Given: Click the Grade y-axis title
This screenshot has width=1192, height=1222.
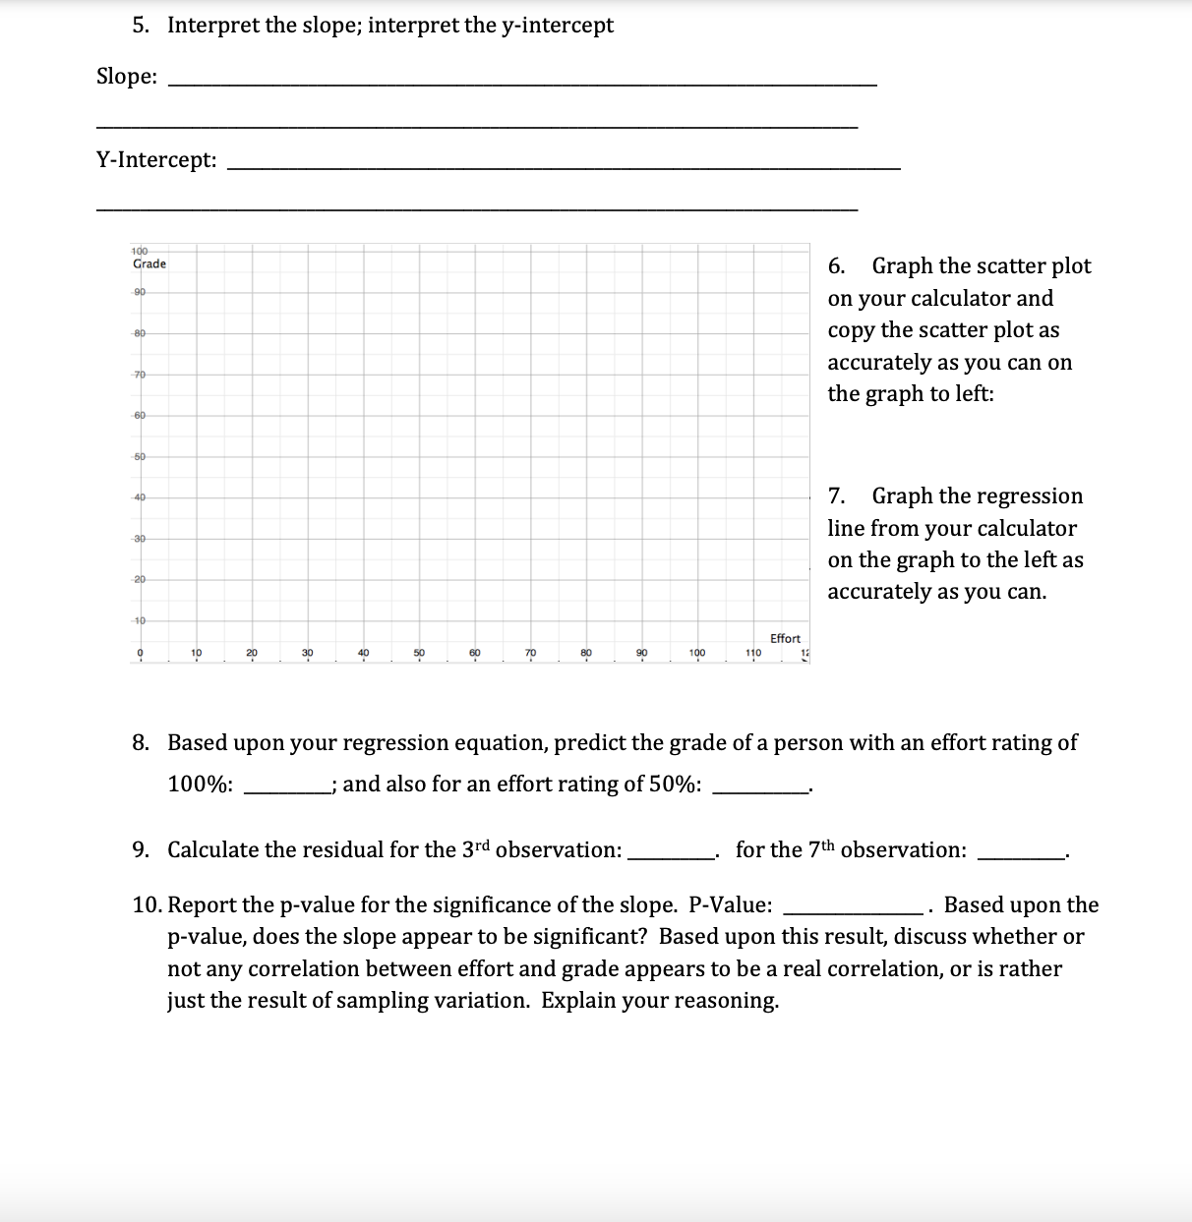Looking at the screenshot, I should pyautogui.click(x=149, y=263).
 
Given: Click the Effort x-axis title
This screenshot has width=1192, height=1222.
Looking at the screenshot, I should pyautogui.click(x=785, y=638).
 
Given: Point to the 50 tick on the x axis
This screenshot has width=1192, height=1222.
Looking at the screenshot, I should pyautogui.click(x=419, y=652).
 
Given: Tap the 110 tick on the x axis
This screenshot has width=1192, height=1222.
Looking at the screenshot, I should pyautogui.click(x=752, y=652).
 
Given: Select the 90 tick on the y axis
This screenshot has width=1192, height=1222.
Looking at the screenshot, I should pyautogui.click(x=140, y=292).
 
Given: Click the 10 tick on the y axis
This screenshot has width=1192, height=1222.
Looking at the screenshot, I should pyautogui.click(x=140, y=620).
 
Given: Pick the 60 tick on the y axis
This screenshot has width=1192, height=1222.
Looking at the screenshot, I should pyautogui.click(x=140, y=415).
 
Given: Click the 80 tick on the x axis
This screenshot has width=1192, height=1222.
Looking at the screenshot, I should pyautogui.click(x=586, y=652).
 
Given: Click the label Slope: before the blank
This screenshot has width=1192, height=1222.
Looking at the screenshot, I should pyautogui.click(x=127, y=77).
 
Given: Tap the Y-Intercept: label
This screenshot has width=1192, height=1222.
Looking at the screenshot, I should pyautogui.click(x=156, y=159).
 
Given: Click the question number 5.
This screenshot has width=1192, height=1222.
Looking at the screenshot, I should pyautogui.click(x=141, y=26).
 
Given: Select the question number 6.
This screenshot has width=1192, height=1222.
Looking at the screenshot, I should pyautogui.click(x=836, y=266).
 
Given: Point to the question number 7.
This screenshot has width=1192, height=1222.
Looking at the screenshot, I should pyautogui.click(x=836, y=496).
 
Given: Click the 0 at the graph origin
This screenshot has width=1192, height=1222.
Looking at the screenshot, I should pyautogui.click(x=140, y=652).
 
